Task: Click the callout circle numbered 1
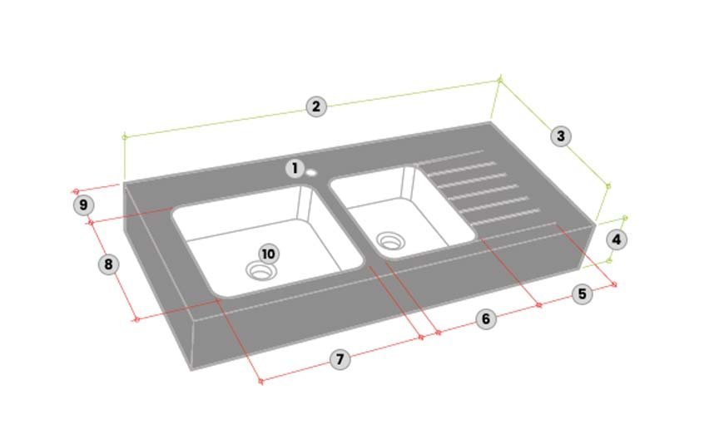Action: pyautogui.click(x=295, y=169)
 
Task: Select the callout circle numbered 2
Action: pyautogui.click(x=316, y=106)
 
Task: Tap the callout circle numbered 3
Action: pyautogui.click(x=561, y=136)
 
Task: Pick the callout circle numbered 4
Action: pyautogui.click(x=617, y=239)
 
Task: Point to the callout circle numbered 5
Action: pyautogui.click(x=583, y=294)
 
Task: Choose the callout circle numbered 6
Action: pyautogui.click(x=486, y=319)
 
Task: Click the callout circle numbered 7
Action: pyautogui.click(x=340, y=359)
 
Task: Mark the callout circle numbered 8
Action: pyautogui.click(x=108, y=264)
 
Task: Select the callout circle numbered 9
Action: pyautogui.click(x=83, y=205)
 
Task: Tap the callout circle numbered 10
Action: pyautogui.click(x=268, y=254)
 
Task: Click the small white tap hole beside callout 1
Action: pyautogui.click(x=311, y=173)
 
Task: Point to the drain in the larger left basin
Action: pyautogui.click(x=261, y=271)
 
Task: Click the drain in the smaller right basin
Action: pyautogui.click(x=390, y=241)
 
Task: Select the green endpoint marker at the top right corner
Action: pyautogui.click(x=499, y=81)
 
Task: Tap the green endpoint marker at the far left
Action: pyautogui.click(x=124, y=137)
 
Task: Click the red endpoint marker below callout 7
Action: pyautogui.click(x=260, y=382)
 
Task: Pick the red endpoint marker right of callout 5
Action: pyautogui.click(x=614, y=284)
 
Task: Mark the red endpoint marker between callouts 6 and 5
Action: pyautogui.click(x=539, y=305)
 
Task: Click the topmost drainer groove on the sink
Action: pyautogui.click(x=449, y=156)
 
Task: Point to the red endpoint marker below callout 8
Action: pyautogui.click(x=136, y=319)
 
